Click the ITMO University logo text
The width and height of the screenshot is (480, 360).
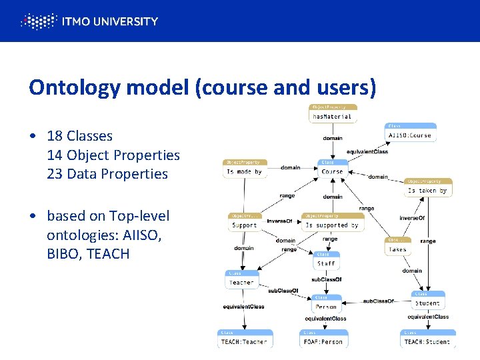tap(109, 21)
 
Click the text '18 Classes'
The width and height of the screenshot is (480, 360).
tap(79, 136)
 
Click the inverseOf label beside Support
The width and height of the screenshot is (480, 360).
tap(280, 221)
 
